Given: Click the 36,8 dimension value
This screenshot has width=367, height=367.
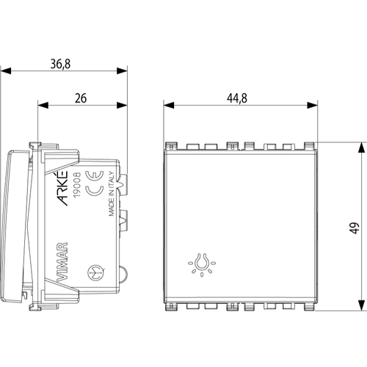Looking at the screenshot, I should tap(62, 64).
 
